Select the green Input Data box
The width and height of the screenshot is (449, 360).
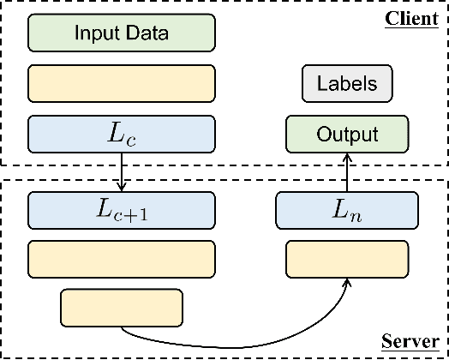[x=121, y=34]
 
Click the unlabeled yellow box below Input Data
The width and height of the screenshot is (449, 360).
[x=121, y=84]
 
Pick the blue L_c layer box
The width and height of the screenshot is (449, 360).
[x=121, y=133]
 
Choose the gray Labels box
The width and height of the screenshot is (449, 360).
[x=346, y=84]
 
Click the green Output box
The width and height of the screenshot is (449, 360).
[x=346, y=135]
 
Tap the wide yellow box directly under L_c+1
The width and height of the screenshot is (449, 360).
[x=121, y=256]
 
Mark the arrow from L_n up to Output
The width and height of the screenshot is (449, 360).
[x=346, y=171]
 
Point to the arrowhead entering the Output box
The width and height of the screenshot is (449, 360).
[x=346, y=156]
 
